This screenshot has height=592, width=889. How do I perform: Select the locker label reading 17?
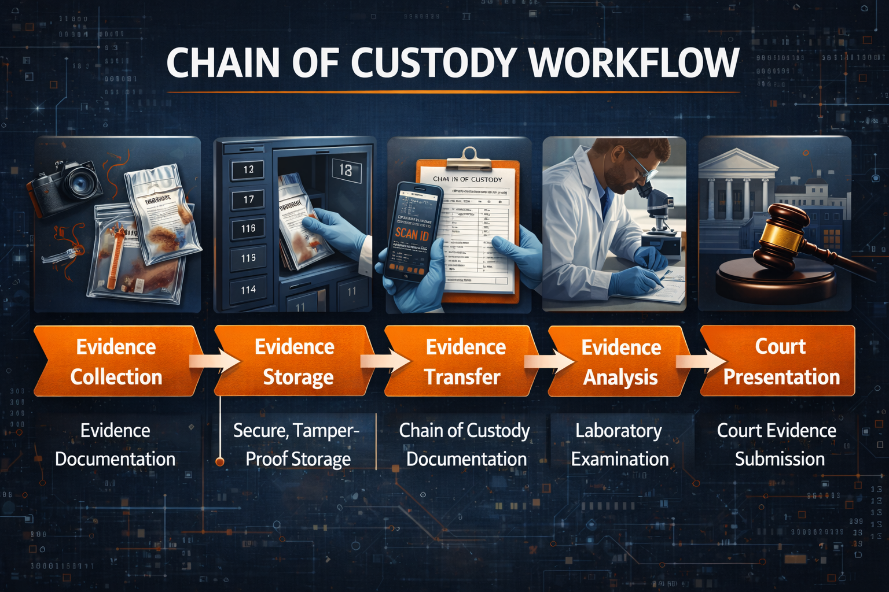248,199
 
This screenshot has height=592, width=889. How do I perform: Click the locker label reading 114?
248,290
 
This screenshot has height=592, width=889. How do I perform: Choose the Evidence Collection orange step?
116,361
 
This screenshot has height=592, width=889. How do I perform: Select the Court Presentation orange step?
780,361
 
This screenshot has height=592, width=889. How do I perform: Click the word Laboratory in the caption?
618,431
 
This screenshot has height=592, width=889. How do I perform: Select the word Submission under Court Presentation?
780,459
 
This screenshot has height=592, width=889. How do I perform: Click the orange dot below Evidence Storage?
219,461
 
